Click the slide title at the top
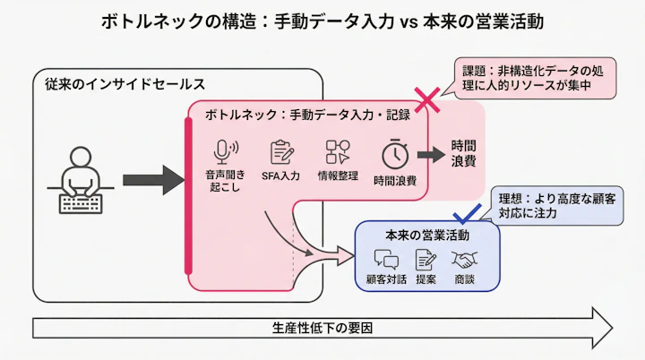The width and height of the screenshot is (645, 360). [322, 21]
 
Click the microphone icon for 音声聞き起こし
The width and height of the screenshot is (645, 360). [224, 152]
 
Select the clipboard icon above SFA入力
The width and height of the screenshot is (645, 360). [281, 152]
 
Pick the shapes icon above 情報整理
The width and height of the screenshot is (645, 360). [338, 152]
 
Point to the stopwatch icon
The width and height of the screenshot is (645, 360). [394, 154]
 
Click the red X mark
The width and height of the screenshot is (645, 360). [426, 98]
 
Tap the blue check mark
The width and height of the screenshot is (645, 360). [467, 213]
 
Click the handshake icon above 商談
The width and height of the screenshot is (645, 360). [464, 261]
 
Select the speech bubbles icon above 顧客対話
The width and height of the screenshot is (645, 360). [386, 261]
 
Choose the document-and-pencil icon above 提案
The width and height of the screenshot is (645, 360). [426, 261]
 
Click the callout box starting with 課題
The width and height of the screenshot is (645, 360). [534, 77]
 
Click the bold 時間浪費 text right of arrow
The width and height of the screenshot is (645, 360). [463, 154]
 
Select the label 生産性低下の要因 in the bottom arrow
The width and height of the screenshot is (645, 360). [322, 327]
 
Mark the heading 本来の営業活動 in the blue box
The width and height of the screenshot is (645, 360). [426, 235]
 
